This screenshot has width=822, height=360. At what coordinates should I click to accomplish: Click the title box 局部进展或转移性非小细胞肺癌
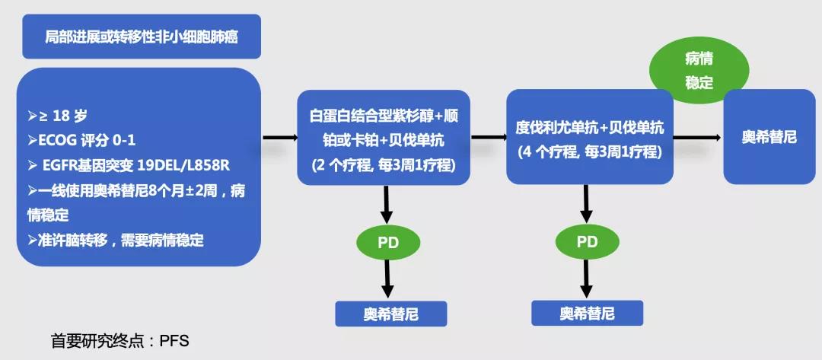point(142,37)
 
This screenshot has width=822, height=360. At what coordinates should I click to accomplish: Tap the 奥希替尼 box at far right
point(769,137)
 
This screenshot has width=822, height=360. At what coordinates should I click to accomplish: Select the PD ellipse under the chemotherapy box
point(388,243)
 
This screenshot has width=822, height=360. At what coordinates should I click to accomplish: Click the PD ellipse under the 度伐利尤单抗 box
point(587,242)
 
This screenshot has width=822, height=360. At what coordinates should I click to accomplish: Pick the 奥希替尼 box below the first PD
point(391,314)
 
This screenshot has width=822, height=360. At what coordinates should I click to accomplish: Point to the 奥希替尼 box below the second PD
point(587,313)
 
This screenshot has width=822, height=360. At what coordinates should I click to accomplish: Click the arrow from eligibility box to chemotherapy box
point(279,138)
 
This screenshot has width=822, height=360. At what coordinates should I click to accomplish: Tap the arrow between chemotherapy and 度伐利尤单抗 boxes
point(489,138)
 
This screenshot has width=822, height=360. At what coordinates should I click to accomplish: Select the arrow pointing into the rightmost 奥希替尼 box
point(696,138)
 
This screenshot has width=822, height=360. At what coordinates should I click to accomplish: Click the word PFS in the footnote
point(174,341)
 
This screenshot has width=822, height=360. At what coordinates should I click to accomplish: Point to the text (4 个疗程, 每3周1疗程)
point(589,151)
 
